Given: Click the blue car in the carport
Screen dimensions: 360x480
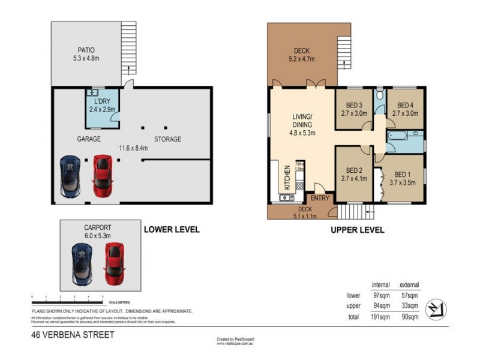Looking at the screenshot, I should tap(83, 264).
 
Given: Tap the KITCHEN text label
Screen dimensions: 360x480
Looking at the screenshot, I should tap(287, 179).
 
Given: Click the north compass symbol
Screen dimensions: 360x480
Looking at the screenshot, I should tap(434, 309).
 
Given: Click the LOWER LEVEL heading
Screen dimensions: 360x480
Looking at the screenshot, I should tap(171, 229).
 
